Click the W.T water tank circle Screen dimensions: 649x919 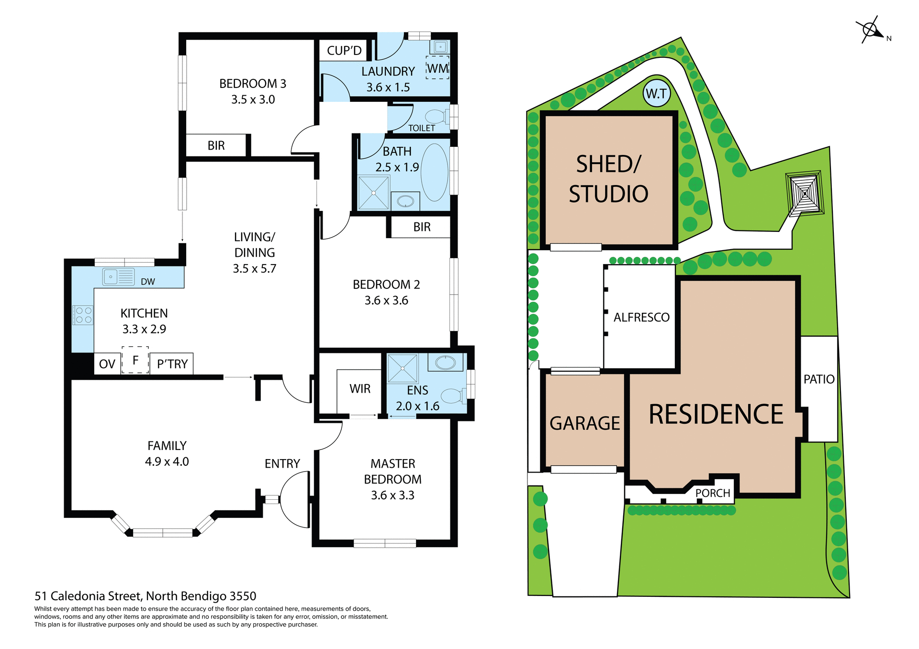tap(656, 93)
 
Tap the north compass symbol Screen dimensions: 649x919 tap(871, 30)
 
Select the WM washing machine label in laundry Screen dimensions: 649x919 tap(437, 68)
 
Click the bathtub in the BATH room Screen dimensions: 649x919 tap(435, 172)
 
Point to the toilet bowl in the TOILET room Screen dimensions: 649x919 tap(435, 116)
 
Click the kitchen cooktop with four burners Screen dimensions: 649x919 tap(83, 315)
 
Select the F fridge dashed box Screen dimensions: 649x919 tap(135, 360)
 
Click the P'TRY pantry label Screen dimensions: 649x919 tap(172, 364)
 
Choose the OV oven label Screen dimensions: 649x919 tap(107, 364)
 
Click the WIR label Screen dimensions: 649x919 tap(360, 389)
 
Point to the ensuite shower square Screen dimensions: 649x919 tap(403, 368)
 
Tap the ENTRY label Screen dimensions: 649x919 tap(282, 463)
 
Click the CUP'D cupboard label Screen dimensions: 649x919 tap(344, 51)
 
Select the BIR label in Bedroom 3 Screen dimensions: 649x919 tap(216, 145)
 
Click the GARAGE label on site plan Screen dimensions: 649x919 tap(584, 423)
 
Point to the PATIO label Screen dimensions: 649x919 tap(819, 379)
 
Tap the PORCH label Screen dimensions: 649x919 tap(713, 493)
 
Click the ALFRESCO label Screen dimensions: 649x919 tap(641, 317)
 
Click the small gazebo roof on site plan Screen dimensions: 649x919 tap(805, 193)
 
